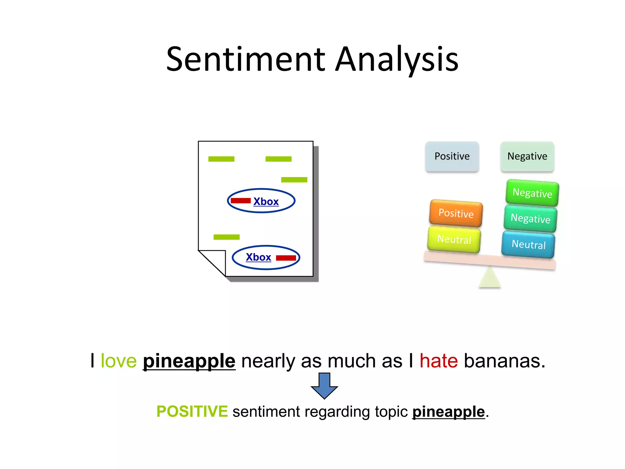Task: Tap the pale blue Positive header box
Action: [452, 156]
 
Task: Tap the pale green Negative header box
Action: [527, 156]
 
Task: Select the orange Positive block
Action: [456, 213]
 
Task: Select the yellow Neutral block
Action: [454, 239]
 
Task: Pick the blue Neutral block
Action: [528, 244]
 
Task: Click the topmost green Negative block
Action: [532, 193]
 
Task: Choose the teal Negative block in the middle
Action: [530, 218]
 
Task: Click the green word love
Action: [119, 361]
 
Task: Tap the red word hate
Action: [439, 361]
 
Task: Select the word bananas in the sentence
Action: [504, 361]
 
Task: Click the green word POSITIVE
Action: [192, 411]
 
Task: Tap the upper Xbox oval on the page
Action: [261, 201]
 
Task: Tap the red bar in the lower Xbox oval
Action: [286, 258]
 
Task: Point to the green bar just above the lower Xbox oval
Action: [226, 237]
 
